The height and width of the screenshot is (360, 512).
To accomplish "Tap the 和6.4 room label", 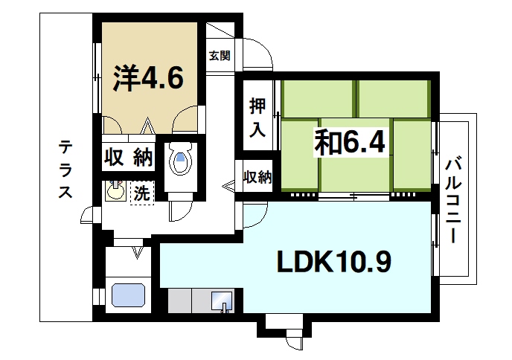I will coord(349,142).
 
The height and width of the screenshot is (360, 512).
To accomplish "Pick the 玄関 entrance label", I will coord(220,55).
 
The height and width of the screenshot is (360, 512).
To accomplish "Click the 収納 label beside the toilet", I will coord(127,158).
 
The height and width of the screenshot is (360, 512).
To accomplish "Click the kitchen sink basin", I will coord(222,302).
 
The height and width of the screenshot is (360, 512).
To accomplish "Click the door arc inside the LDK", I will coord(254,216).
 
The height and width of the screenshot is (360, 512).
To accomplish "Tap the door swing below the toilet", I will coord(178,211).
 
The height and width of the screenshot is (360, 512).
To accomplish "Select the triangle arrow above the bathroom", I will coord(137,252).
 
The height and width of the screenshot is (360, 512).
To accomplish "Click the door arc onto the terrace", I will coord(89,216).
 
